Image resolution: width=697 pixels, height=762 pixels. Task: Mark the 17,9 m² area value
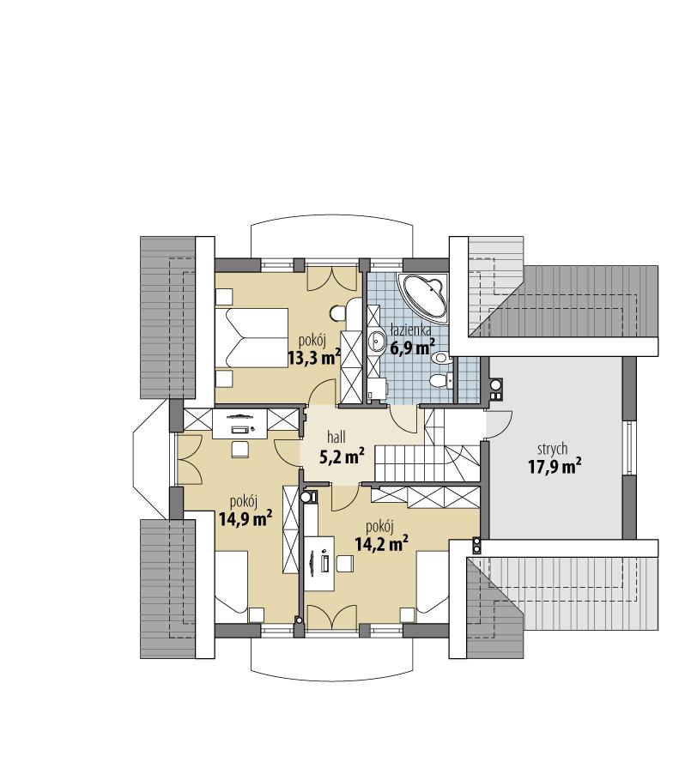(x=555, y=466)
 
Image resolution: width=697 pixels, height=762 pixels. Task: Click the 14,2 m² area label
(x=380, y=541)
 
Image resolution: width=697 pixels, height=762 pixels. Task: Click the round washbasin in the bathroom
(x=377, y=342)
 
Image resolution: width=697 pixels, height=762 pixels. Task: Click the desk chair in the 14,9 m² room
(x=239, y=448)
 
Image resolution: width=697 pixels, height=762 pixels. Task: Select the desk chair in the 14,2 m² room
(x=346, y=563)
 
